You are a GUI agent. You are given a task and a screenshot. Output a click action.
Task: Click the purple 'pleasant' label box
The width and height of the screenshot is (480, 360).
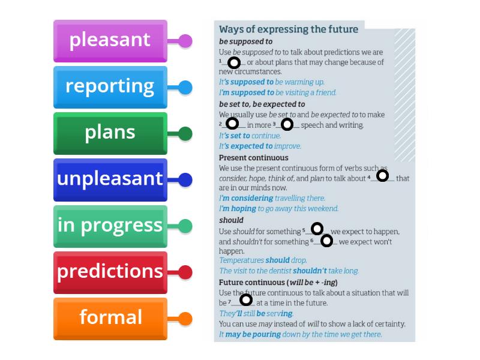pos(110,41)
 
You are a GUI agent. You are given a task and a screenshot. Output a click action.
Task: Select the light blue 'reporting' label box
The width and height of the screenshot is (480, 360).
pos(110,87)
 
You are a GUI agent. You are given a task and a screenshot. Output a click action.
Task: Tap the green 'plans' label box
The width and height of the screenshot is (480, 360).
pos(110,133)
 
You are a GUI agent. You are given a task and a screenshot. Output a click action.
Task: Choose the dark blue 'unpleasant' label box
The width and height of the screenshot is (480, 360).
pos(110,179)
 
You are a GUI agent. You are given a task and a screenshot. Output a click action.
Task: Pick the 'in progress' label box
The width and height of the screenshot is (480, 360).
pos(110,226)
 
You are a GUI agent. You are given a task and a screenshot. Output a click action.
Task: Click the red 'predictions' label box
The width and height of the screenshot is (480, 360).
pos(110,272)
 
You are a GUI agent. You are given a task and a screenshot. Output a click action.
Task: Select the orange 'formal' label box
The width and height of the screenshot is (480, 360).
pos(110,318)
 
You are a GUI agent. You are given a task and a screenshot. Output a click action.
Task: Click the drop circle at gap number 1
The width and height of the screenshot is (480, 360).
pos(234,62)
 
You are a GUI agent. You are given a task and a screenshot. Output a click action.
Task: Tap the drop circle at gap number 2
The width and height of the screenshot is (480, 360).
pos(232,124)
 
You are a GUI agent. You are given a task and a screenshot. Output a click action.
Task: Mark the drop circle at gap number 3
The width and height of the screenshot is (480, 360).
pos(287,124)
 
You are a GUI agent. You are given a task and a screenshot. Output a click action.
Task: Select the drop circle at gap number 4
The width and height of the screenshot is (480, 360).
pos(382,176)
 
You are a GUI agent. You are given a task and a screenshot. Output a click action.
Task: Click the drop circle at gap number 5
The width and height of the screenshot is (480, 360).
pos(317,228)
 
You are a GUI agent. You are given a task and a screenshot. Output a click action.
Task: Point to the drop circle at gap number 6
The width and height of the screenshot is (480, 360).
pos(326,241)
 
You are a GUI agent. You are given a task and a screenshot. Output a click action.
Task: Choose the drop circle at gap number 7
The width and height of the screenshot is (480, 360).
pos(246,300)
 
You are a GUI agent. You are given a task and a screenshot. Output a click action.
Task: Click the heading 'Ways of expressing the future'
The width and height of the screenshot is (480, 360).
pos(289,29)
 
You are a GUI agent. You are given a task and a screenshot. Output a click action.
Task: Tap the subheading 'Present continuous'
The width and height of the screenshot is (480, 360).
pos(253,158)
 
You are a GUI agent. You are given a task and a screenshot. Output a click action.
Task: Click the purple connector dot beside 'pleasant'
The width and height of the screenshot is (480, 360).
pos(185,41)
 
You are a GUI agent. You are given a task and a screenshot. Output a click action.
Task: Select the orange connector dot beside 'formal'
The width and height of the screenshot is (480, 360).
pos(185,319)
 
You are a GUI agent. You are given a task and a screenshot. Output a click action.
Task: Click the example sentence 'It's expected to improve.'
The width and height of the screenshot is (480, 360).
pos(260,146)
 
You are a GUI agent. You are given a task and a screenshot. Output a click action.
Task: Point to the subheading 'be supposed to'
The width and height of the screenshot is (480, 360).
pos(245,42)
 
